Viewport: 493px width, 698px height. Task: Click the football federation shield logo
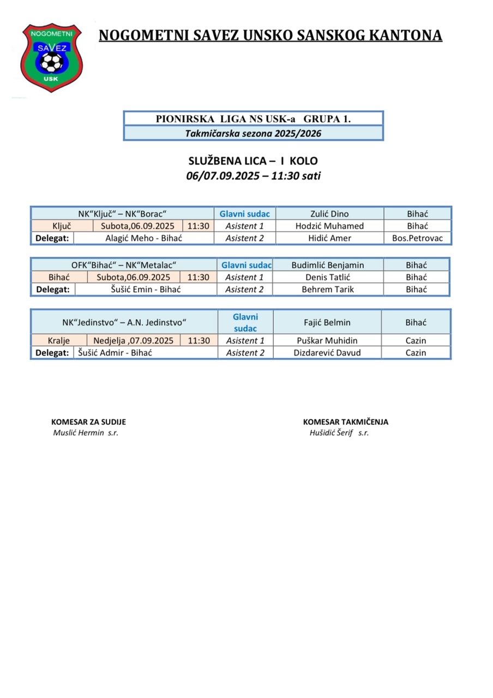pos(51,57)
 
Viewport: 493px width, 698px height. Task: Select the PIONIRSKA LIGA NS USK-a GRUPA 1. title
pos(254,118)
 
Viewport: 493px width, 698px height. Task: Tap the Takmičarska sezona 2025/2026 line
pos(254,133)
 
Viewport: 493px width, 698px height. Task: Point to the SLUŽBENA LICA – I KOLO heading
pos(252,161)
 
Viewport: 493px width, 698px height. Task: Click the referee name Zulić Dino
pos(329,214)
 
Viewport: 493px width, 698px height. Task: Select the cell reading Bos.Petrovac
pos(418,238)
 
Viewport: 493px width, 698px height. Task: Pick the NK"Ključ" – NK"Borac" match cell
pos(122,214)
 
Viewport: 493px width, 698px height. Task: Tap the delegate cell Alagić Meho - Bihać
pos(143,238)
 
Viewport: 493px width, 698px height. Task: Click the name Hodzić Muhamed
pos(329,226)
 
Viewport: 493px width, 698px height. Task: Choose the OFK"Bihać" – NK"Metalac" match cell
pos(124,265)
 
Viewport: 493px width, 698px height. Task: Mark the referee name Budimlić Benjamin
pos(328,265)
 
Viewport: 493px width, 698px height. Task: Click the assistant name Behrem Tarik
pos(328,289)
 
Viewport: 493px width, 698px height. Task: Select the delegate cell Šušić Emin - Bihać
pos(145,289)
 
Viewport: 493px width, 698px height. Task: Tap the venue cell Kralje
pos(59,340)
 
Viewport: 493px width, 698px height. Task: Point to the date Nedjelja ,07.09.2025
pos(134,340)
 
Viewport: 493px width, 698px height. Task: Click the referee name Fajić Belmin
pos(327,322)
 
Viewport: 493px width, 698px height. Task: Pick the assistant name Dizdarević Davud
pos(327,353)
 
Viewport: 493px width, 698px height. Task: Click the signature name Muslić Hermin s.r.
pos(86,432)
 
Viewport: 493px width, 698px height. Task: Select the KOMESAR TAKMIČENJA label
pos(346,422)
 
